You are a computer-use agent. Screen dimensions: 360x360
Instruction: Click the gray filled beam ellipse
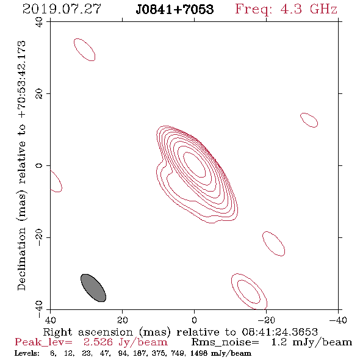93,288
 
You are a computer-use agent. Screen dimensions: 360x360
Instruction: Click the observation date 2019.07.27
62,9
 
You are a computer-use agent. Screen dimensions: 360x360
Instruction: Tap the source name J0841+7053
175,9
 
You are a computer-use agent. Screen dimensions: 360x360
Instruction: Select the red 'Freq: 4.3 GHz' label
286,9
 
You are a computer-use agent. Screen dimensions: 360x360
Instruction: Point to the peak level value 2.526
98,342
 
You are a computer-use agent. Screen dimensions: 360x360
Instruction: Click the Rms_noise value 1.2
279,342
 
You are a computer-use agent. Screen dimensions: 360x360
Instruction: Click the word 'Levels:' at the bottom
27,353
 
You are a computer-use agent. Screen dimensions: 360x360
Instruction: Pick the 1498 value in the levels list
199,353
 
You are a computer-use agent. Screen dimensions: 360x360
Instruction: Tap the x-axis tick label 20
122,320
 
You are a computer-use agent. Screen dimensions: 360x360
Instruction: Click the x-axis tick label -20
266,320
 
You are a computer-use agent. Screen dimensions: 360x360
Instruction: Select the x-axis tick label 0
194,320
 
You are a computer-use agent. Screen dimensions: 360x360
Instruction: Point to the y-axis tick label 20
39,94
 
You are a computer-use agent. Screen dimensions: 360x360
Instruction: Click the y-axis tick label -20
39,237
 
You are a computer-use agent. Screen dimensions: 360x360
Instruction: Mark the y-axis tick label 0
39,165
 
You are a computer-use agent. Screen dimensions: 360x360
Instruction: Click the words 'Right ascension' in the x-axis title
88,332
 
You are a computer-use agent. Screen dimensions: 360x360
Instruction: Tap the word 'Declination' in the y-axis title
21,259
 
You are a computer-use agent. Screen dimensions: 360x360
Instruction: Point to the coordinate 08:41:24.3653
279,332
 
